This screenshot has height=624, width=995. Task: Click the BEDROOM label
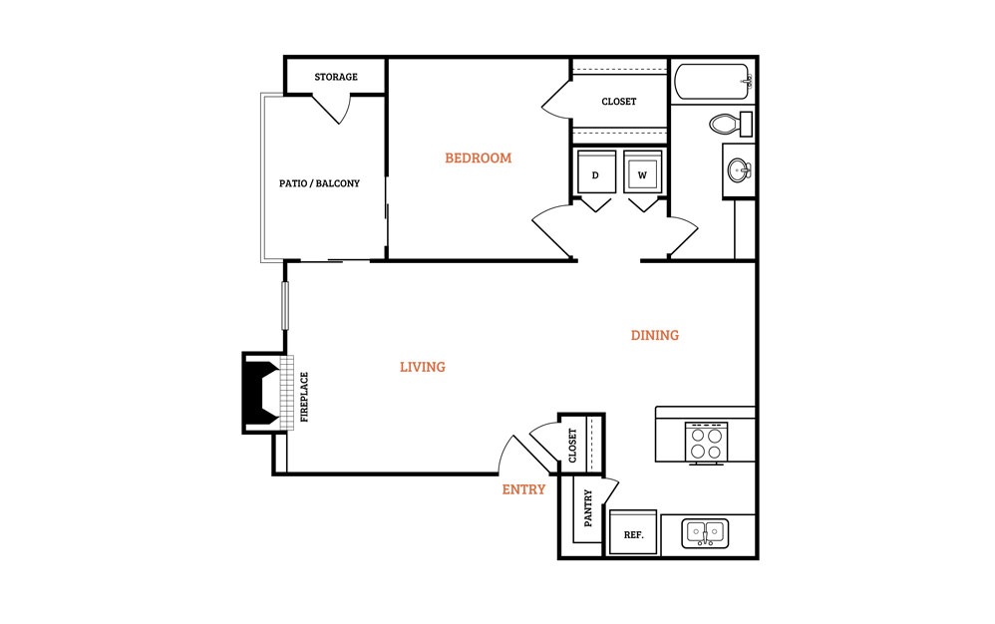[478, 157]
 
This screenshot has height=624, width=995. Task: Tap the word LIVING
[423, 367]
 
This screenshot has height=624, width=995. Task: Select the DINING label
[655, 335]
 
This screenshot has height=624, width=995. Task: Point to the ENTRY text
[523, 489]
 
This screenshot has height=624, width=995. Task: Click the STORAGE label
[336, 77]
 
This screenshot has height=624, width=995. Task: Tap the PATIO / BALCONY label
[319, 183]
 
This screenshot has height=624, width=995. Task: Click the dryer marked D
[596, 171]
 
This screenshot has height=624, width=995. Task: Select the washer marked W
[643, 171]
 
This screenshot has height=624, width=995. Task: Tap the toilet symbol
[731, 124]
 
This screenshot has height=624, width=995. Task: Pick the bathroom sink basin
[739, 169]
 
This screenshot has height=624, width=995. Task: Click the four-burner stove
[706, 442]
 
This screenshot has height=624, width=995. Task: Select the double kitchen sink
[705, 533]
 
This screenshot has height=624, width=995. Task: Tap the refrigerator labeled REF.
[633, 532]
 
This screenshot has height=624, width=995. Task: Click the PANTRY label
[588, 508]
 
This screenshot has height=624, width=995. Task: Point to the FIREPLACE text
[305, 397]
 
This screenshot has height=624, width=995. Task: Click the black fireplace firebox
[262, 393]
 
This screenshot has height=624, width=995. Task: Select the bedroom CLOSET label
[619, 102]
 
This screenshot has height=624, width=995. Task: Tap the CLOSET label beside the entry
[573, 446]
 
